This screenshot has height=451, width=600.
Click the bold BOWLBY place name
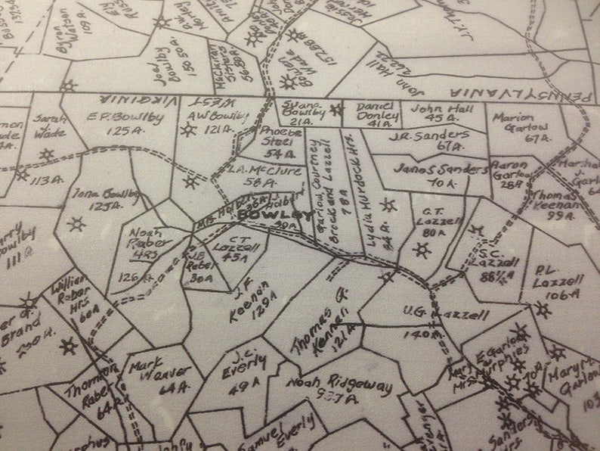(x=264, y=215)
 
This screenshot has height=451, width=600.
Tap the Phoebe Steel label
(x=280, y=133)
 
